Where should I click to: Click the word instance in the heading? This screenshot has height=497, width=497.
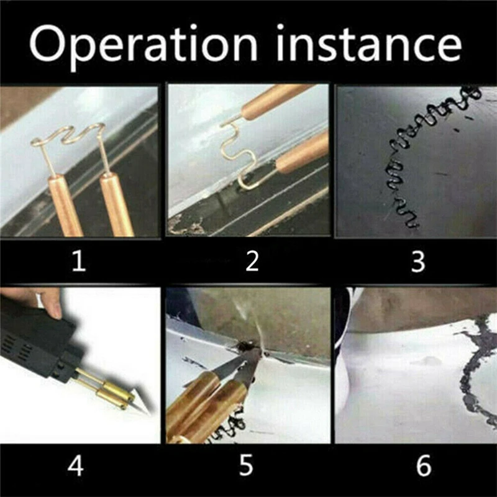[x=369, y=43]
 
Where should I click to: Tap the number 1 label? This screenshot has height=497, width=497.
[x=79, y=261]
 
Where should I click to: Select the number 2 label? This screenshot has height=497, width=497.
[x=252, y=261]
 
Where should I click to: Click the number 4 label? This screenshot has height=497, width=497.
[x=75, y=465]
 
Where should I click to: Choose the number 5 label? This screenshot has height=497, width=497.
[x=246, y=465]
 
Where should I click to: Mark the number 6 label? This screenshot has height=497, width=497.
[x=424, y=465]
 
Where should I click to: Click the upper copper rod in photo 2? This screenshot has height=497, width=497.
[x=276, y=101]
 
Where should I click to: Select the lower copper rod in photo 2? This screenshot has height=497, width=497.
[x=303, y=152]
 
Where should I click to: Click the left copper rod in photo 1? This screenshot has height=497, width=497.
[x=65, y=206]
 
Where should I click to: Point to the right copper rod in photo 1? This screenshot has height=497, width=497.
[x=117, y=204]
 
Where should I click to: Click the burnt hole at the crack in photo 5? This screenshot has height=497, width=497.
[x=245, y=346]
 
